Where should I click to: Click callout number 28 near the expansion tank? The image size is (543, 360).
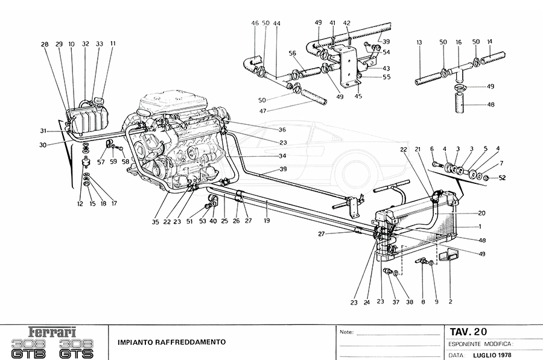[x=44, y=44]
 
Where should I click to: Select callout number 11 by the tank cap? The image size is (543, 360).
[x=113, y=44]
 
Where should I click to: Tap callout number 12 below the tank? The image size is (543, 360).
[x=80, y=204]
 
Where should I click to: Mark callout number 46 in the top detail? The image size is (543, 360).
[x=255, y=23]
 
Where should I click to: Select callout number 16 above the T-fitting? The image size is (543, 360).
[x=459, y=43]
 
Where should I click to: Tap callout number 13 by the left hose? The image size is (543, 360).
[x=419, y=43]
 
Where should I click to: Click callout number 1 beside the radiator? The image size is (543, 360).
[x=480, y=227]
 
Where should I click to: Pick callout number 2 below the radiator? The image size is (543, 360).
[x=450, y=300]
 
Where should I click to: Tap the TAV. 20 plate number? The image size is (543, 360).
[x=468, y=331]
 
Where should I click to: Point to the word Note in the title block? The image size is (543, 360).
[x=346, y=332]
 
